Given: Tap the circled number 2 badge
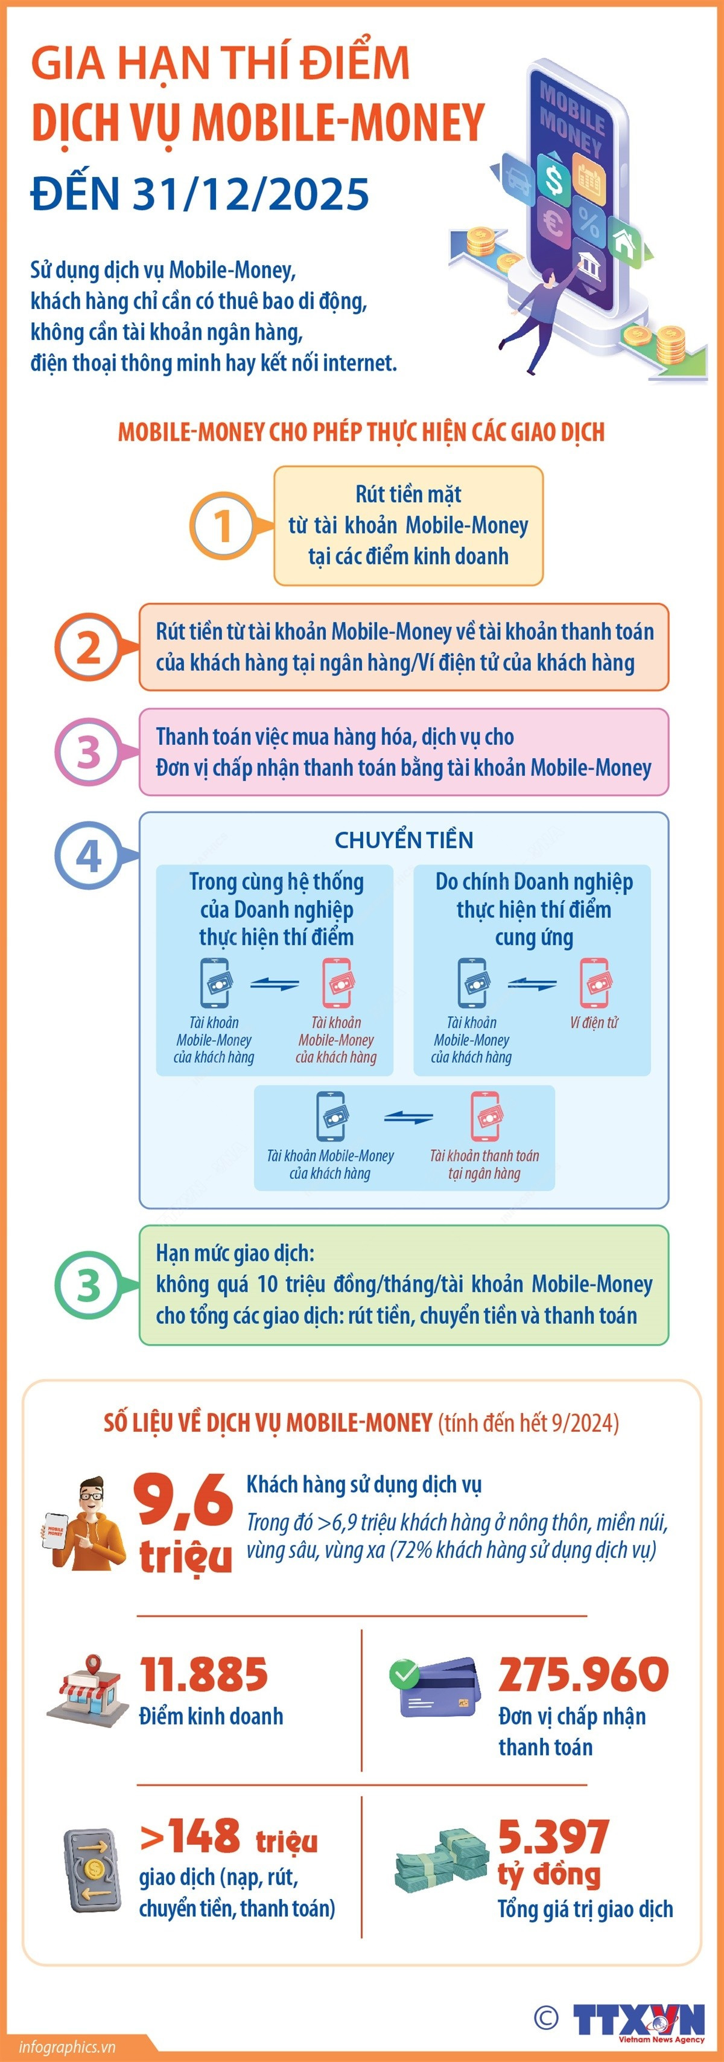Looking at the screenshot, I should (x=88, y=646).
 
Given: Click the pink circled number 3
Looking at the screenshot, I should (x=88, y=752).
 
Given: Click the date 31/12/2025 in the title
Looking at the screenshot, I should (x=250, y=194).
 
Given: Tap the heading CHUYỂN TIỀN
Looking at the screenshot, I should (x=404, y=840).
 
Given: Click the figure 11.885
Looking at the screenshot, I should (x=204, y=1674).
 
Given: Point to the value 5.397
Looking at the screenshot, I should (x=554, y=1837).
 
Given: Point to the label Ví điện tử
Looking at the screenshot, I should (x=594, y=1022).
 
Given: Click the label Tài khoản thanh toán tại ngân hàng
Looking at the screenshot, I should (x=484, y=1164).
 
